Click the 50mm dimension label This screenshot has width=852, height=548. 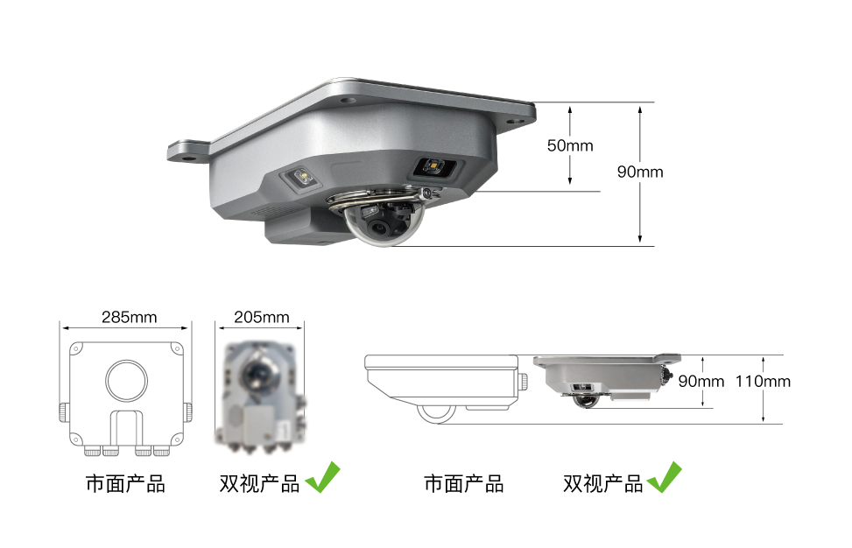pos(570,145)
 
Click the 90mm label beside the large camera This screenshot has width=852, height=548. pos(640,172)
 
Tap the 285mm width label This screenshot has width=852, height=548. pos(130,317)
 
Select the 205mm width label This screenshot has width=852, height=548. pos(262,317)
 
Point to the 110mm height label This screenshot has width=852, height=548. pos(763,382)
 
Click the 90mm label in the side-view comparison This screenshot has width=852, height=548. pos(701,382)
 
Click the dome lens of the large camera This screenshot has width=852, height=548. pos(384,222)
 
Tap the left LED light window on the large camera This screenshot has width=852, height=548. pos(300,179)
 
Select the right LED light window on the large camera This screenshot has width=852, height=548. pos(434,166)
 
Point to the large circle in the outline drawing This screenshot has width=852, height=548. pos(127,380)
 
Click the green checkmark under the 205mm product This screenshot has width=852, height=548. pos(323,477)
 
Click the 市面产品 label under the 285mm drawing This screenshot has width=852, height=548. pos(125,483)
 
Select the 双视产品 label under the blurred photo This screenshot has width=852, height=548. pos(259,483)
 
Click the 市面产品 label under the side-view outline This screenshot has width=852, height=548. pos(463,483)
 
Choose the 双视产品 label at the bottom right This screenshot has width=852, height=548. pos(602,483)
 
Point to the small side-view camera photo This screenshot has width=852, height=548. pos(607,381)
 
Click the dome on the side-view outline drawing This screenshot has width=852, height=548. pos(436,414)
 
